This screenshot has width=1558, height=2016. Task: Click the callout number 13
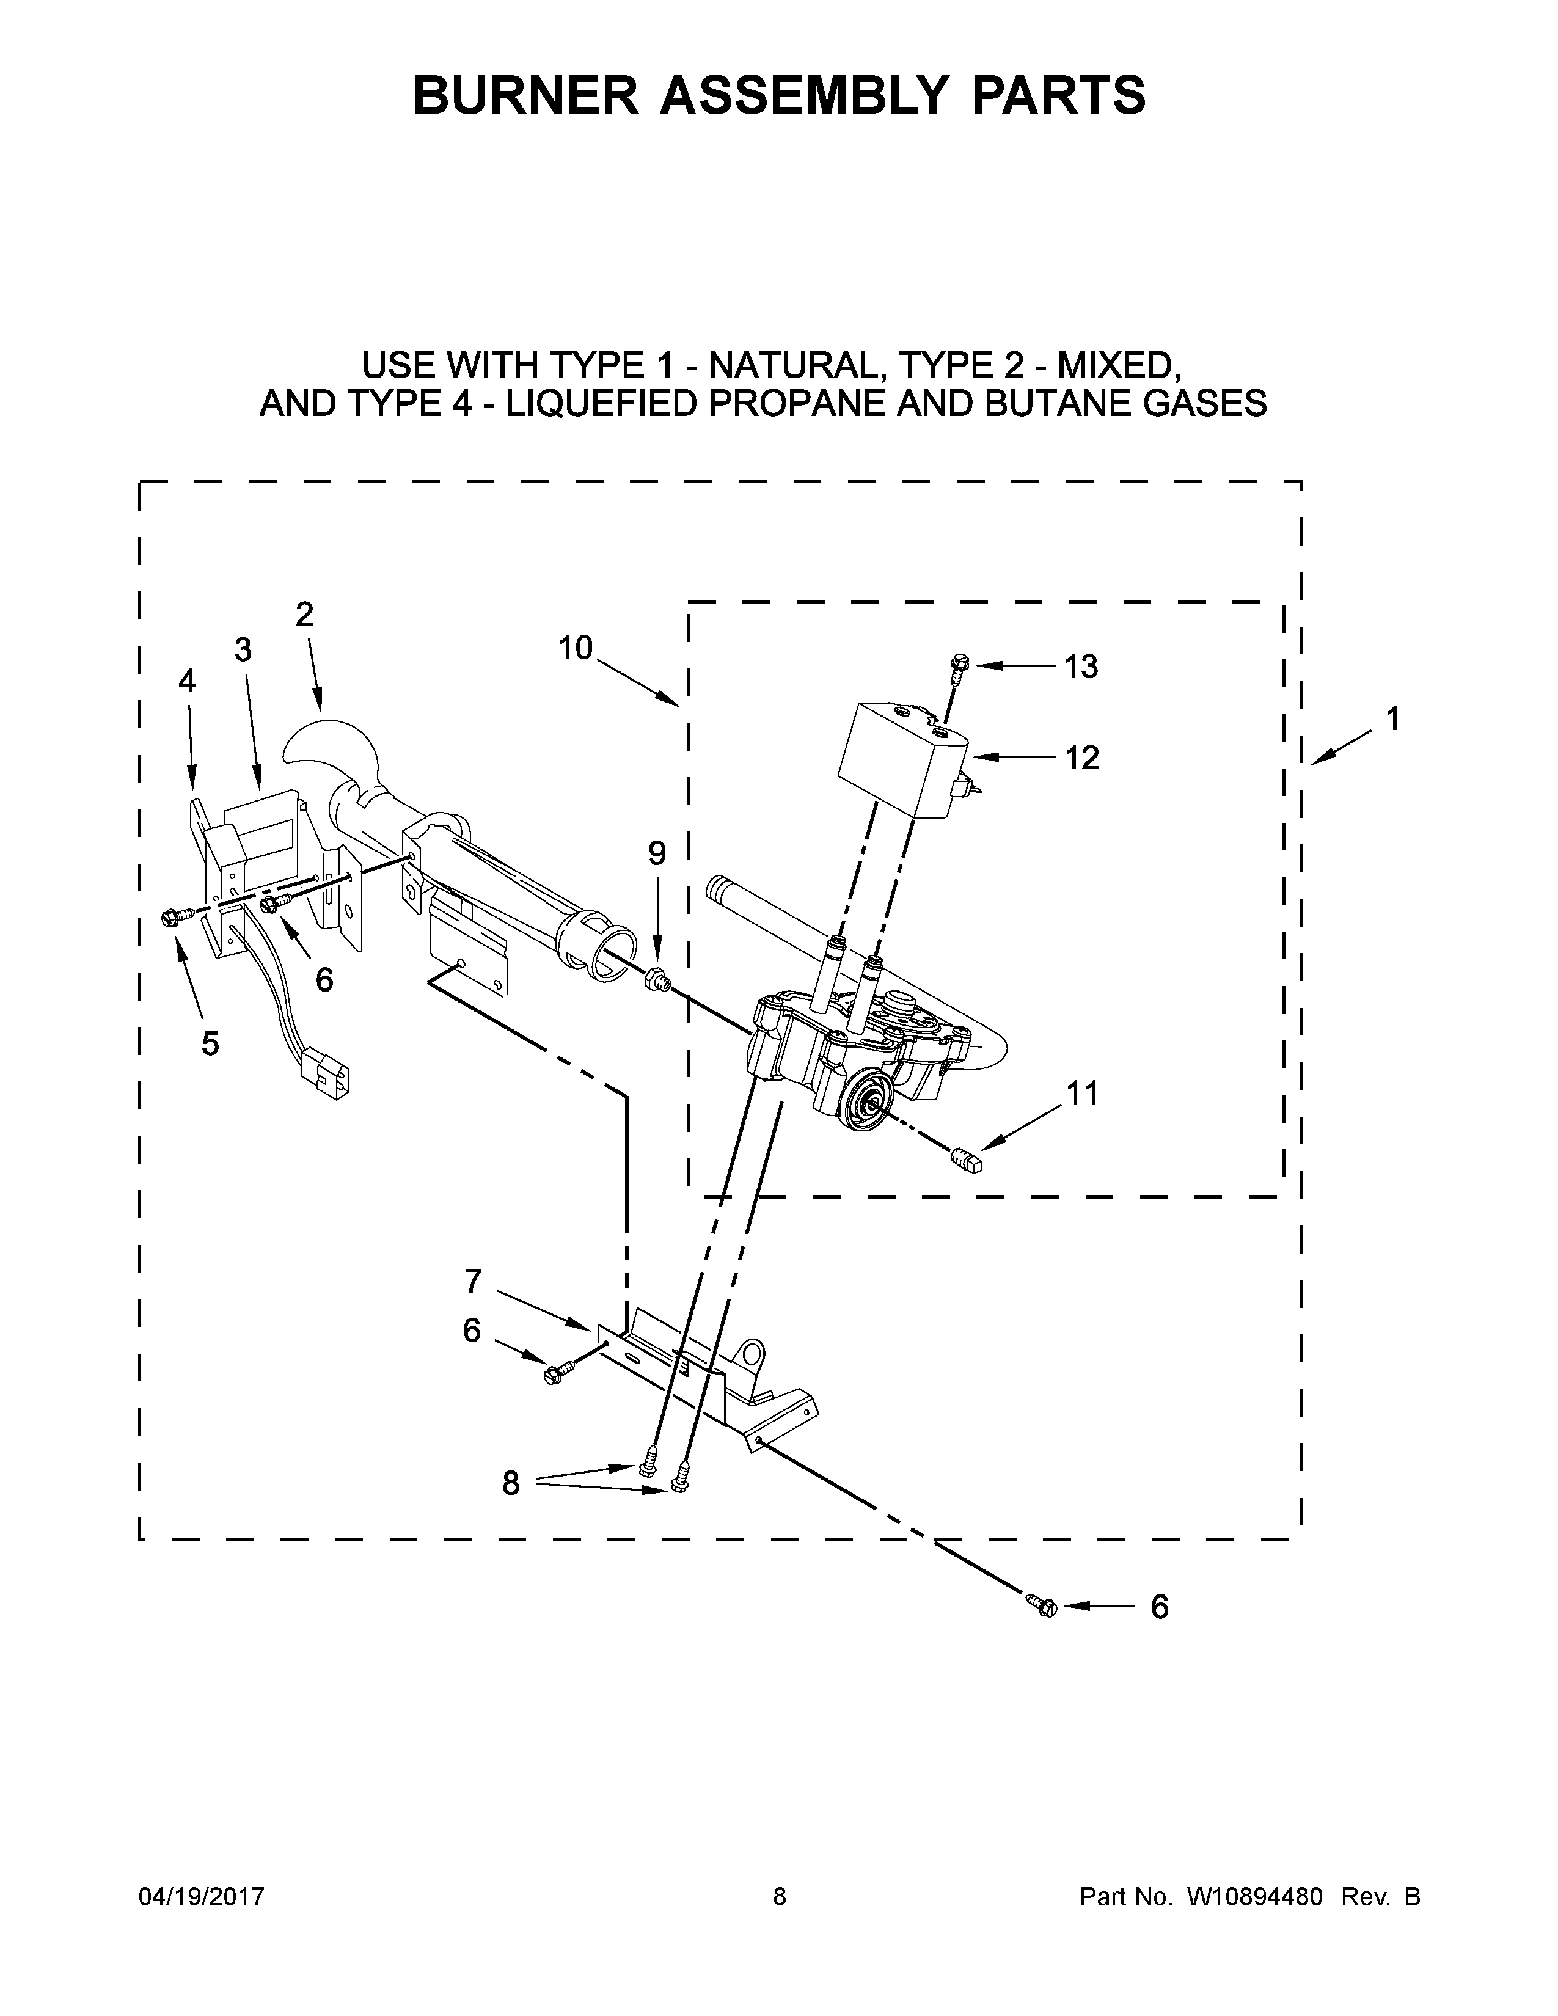[1081, 667]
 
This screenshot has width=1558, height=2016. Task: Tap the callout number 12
[1081, 758]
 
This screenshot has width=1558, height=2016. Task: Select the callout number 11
[1083, 1093]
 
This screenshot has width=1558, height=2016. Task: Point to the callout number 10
[575, 648]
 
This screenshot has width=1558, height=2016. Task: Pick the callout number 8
[510, 1483]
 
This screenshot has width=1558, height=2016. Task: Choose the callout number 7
[472, 1281]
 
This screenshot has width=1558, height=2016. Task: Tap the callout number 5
[210, 1044]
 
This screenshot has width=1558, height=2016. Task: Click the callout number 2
[305, 615]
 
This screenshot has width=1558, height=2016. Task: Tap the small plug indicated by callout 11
[967, 1160]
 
